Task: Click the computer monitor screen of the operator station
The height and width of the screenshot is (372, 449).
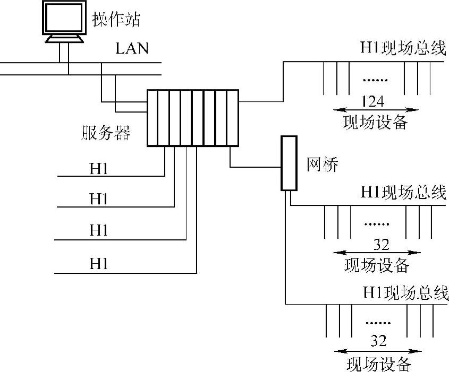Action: [x=63, y=19]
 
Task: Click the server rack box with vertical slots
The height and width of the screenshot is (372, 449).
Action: [x=193, y=118]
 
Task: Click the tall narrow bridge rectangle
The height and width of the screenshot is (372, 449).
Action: [x=288, y=163]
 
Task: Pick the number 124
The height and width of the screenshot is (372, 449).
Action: [x=372, y=100]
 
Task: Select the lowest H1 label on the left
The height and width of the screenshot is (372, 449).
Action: [x=99, y=263]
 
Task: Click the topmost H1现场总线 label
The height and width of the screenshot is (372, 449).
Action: [x=402, y=48]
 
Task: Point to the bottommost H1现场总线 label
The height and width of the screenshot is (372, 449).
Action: [x=405, y=293]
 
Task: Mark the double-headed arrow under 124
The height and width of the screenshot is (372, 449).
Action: [x=375, y=110]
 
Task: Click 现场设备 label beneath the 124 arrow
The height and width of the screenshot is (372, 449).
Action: [x=375, y=123]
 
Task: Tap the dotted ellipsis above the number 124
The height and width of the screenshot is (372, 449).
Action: [x=375, y=80]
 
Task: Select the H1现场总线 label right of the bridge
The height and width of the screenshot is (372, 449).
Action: [x=403, y=192]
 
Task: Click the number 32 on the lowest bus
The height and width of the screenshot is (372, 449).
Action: [x=378, y=340]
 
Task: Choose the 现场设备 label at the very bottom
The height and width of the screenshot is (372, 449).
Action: [x=378, y=364]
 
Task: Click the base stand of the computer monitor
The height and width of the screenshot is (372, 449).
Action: [x=64, y=39]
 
